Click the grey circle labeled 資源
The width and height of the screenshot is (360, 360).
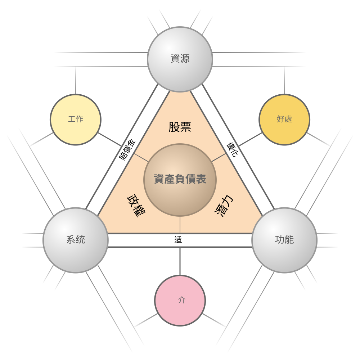click(180, 59)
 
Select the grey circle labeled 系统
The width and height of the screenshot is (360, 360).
click(76, 240)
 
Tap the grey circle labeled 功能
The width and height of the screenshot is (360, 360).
click(284, 240)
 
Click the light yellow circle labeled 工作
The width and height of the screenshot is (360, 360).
click(76, 120)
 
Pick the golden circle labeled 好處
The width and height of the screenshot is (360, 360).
click(284, 120)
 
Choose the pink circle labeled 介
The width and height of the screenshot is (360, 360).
click(180, 301)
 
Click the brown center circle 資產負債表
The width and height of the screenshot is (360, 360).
click(180, 180)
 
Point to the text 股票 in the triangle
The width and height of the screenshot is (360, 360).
click(180, 127)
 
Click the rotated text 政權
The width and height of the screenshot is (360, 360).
click(136, 206)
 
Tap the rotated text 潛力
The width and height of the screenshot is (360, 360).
click(224, 206)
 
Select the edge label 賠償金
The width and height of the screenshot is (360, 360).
click(127, 150)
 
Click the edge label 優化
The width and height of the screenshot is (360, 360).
click(233, 150)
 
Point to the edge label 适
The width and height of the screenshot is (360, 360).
click(178, 240)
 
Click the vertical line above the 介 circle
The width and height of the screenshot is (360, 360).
click(180, 261)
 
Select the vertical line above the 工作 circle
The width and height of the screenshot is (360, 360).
click(76, 80)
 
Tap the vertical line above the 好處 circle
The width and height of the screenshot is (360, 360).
click(284, 80)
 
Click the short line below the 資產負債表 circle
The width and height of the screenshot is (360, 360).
click(180, 225)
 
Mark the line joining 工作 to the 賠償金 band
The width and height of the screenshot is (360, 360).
click(109, 139)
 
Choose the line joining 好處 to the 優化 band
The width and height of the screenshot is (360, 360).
click(250, 139)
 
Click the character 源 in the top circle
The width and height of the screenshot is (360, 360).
click(185, 59)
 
